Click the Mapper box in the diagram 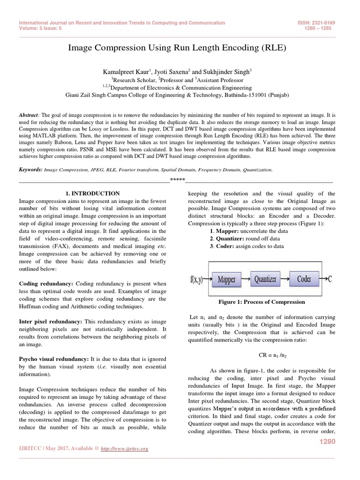(x=226, y=280)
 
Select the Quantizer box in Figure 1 (x=265, y=279)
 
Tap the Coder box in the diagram (x=304, y=279)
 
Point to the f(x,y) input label (x=197, y=280)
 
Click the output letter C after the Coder (x=330, y=279)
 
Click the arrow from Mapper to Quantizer (x=246, y=280)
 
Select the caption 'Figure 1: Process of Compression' (x=262, y=302)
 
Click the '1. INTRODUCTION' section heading (x=92, y=193)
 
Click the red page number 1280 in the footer (x=327, y=442)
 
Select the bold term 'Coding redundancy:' (x=46, y=284)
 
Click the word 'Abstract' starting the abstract (x=29, y=115)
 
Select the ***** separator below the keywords (x=177, y=180)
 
